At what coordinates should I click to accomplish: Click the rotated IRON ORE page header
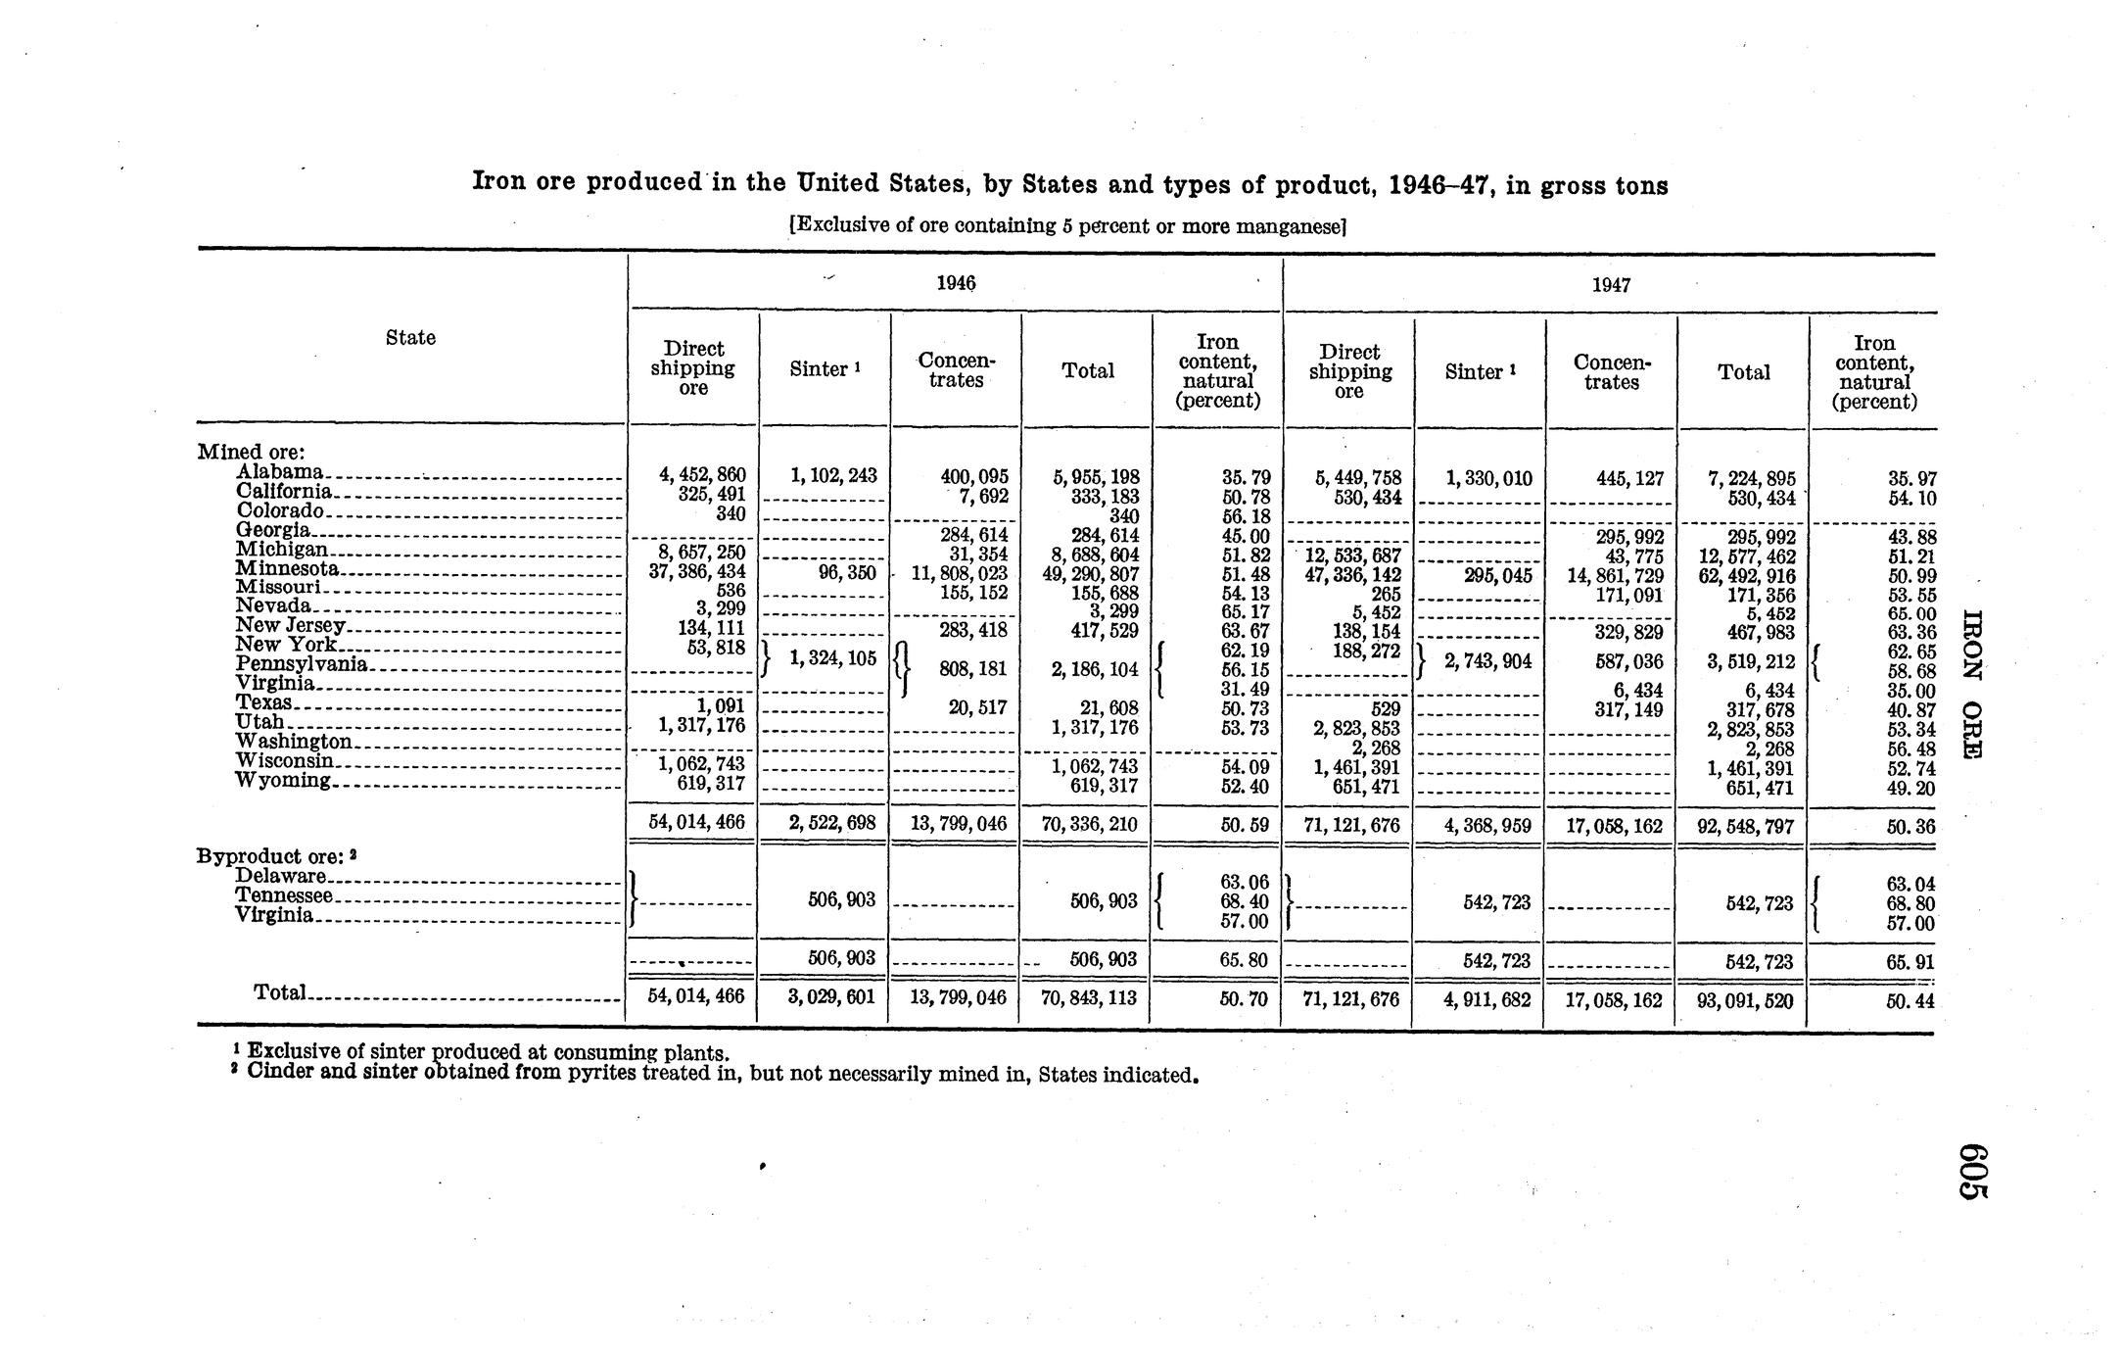(x=1972, y=683)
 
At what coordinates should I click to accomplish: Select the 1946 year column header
(x=956, y=283)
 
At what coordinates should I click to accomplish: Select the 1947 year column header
(x=1611, y=285)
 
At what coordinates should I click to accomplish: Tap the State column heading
(x=410, y=338)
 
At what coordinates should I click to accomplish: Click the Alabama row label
(x=280, y=472)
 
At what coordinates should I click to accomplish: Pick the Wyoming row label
(x=284, y=781)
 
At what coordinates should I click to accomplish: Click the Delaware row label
(x=281, y=876)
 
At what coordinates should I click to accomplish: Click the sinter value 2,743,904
(x=1487, y=662)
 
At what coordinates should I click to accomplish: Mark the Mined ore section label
(x=252, y=452)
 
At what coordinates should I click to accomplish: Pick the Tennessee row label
(x=285, y=895)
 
